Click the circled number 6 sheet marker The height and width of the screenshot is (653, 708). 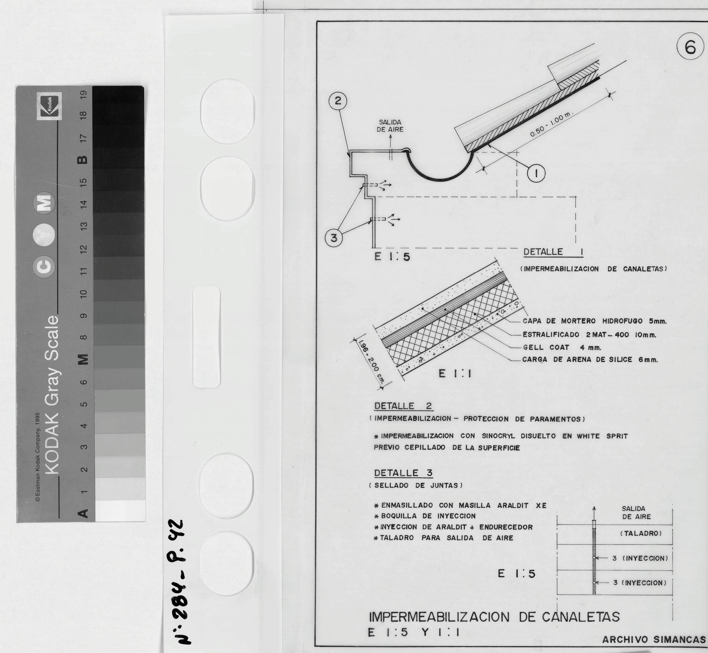click(x=690, y=48)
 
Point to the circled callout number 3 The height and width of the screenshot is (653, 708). click(x=334, y=238)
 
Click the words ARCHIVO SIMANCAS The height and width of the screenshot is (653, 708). click(x=654, y=640)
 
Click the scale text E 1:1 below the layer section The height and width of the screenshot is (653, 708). click(x=455, y=374)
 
